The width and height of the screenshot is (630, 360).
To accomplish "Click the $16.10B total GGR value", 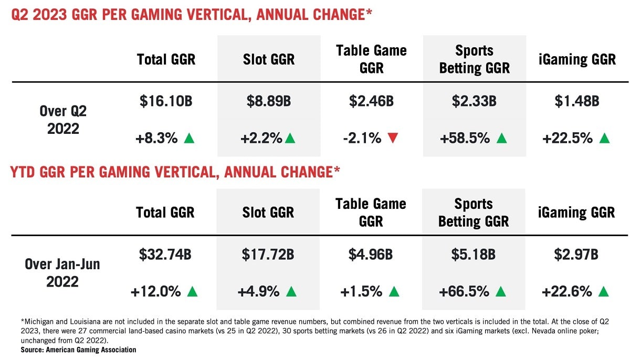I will click(x=166, y=102).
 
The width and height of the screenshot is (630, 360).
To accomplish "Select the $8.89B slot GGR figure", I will click(x=268, y=102).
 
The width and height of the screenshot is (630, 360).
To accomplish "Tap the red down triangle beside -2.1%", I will click(x=393, y=139).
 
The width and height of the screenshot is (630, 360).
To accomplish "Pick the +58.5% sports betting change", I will click(x=465, y=139).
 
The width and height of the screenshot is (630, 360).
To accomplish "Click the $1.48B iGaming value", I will click(x=576, y=102).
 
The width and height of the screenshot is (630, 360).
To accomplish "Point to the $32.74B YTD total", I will click(x=165, y=255).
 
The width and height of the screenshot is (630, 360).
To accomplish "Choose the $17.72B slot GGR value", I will click(x=268, y=255).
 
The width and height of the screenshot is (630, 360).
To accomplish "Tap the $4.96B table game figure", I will click(x=371, y=255).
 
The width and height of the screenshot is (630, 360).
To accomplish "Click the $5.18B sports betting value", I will click(x=473, y=255).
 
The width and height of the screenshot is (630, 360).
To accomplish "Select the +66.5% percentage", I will click(x=465, y=291).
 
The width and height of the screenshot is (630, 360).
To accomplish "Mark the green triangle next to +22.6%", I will click(x=604, y=291).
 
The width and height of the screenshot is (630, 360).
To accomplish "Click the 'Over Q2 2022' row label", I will click(x=63, y=120).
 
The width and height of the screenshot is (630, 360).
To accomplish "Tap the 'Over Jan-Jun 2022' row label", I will click(x=62, y=273).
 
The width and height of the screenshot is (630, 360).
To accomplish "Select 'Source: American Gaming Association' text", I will click(x=79, y=350).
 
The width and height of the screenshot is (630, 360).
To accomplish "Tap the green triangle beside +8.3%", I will click(x=190, y=139).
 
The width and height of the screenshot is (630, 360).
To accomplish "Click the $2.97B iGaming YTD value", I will click(x=576, y=255).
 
